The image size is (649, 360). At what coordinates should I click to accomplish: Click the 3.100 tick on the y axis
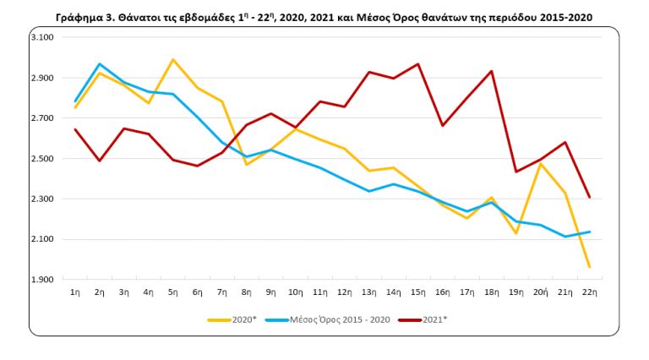pos(41,38)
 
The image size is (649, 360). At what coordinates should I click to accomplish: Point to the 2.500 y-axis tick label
pos(41,159)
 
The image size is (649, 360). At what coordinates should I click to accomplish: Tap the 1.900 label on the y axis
pos(41,280)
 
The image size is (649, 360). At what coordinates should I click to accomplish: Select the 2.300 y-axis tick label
pos(41,199)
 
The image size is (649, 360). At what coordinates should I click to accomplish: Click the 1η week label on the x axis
pos(76,292)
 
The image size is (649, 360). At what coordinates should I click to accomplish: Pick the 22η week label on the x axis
pos(589,292)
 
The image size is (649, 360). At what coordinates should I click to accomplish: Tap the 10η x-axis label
pos(296,292)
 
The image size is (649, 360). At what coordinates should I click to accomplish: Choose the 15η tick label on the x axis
pos(417,292)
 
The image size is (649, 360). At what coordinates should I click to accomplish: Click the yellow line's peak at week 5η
pos(173,59)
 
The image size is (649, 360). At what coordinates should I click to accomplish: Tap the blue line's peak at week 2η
pos(100,63)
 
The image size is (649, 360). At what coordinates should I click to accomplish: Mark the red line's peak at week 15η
pos(417,64)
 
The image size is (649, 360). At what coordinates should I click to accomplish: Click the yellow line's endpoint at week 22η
pos(589,267)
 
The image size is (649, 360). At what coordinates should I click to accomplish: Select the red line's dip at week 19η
pos(515,172)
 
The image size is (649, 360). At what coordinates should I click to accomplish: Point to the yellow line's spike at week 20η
pos(540,164)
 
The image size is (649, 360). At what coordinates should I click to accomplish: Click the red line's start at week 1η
pos(76,129)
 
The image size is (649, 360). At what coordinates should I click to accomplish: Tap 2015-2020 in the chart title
pos(561,17)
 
